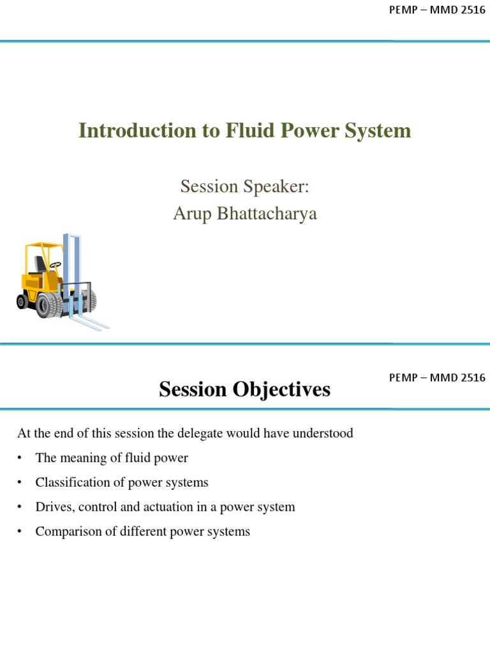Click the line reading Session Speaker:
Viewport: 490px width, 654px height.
tap(244, 186)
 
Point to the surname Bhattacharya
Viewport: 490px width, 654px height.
tap(268, 214)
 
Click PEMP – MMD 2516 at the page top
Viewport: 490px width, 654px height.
tap(436, 12)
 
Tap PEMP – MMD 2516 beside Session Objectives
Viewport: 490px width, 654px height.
tap(436, 377)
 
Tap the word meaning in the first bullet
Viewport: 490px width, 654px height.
tap(80, 458)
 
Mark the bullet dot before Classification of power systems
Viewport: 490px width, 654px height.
tap(20, 483)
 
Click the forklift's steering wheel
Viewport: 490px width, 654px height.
tap(56, 264)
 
